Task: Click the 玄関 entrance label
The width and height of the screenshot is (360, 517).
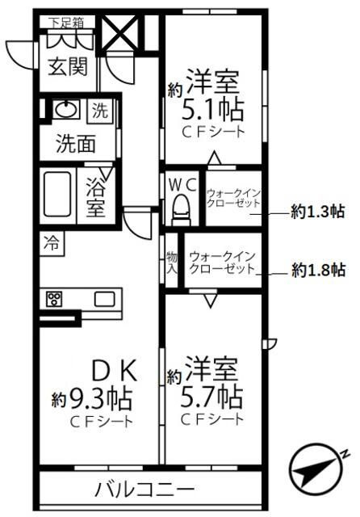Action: coord(68,67)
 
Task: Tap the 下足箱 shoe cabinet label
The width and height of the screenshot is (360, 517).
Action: coord(66,23)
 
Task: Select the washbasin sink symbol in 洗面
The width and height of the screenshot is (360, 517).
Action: coord(66,109)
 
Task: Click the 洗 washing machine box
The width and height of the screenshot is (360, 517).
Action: coord(100,111)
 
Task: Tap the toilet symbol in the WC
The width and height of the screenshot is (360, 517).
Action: coord(182,210)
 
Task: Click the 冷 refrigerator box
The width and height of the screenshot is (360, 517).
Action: coord(52,243)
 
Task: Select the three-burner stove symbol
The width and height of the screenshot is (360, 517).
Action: coord(54,300)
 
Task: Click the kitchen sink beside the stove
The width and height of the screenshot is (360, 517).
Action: coord(105,300)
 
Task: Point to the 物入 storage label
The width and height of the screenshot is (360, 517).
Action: coord(171,263)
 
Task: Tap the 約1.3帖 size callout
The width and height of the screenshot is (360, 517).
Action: coord(318,212)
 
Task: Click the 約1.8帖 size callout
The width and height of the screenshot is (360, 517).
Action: coord(319,270)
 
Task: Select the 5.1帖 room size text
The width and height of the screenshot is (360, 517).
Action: coord(213,110)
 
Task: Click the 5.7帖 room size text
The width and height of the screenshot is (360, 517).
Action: coord(211,397)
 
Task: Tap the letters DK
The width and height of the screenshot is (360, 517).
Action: coord(115,371)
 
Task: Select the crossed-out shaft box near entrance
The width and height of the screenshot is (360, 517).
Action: coord(119,32)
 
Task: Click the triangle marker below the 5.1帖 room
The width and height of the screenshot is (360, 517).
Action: coord(215,158)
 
